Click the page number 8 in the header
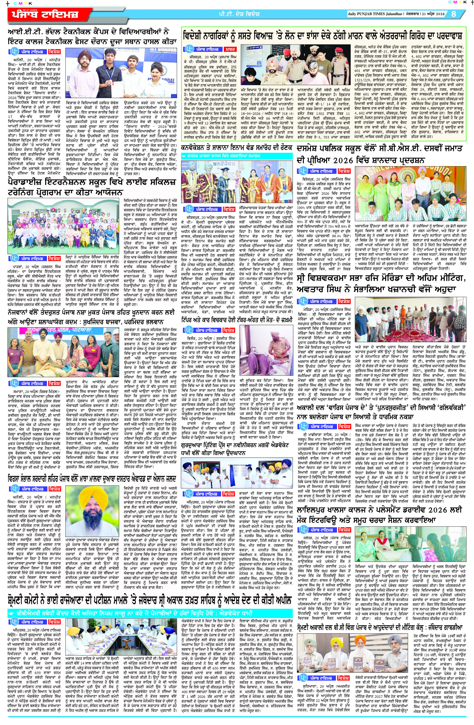tap(454, 14)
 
